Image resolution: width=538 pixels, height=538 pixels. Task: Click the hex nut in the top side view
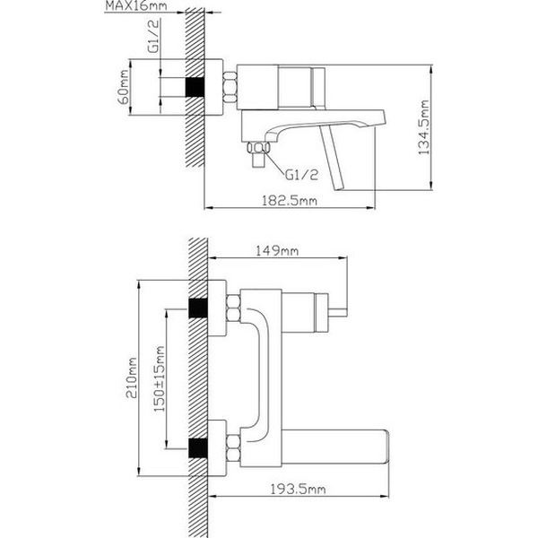point(226,88)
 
